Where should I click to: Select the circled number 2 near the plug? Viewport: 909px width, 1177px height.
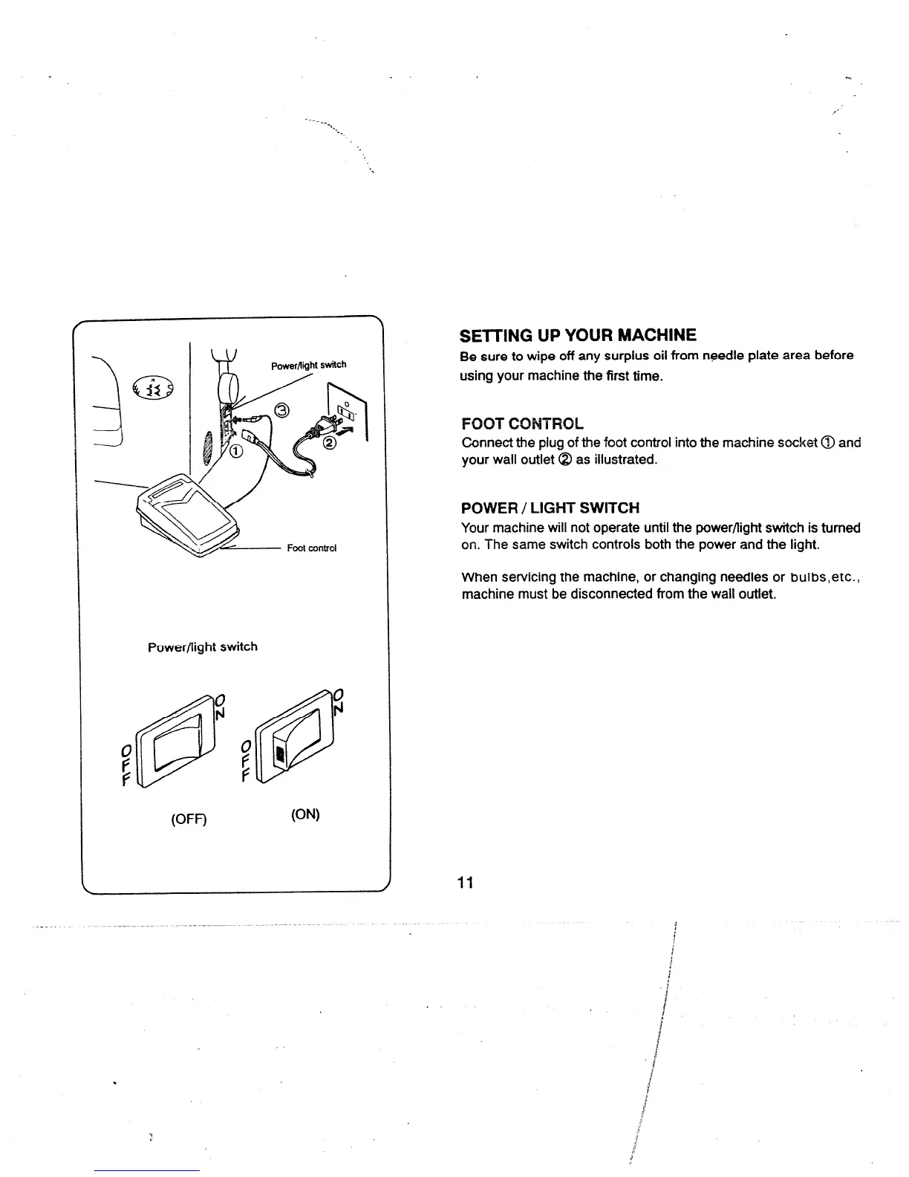pos(330,444)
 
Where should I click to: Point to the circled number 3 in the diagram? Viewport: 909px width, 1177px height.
pos(281,409)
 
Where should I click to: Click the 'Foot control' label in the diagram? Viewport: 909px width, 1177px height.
pos(312,548)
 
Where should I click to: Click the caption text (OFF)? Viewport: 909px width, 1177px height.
pos(189,819)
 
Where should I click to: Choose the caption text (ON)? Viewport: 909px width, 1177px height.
pos(305,814)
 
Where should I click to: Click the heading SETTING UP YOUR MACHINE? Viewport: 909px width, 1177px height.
pos(579,334)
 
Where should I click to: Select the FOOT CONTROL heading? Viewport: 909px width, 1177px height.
pos(522,424)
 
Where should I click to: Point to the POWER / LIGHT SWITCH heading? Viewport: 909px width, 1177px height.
pos(550,508)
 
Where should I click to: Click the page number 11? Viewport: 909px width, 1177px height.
pos(466,883)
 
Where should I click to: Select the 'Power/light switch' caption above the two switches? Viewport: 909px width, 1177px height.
pos(203,646)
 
